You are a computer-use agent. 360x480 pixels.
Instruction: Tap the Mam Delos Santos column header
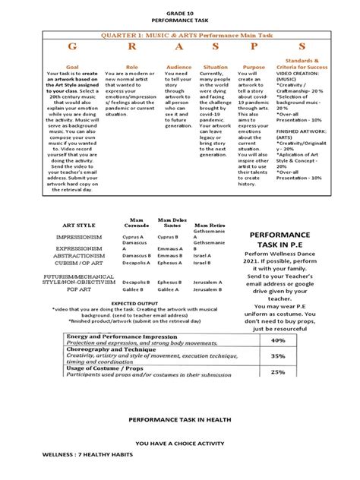coord(171,221)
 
